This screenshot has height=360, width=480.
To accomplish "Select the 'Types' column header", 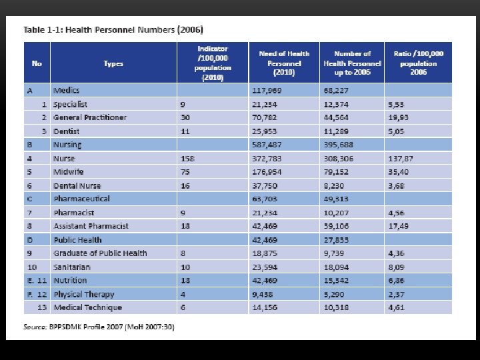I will pyautogui.click(x=113, y=64).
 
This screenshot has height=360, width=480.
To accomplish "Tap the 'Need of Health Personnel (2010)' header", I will pyautogui.click(x=284, y=63).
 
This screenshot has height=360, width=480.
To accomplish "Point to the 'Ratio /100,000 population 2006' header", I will pyautogui.click(x=418, y=63).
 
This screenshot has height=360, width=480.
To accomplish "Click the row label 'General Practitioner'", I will pyautogui.click(x=90, y=117).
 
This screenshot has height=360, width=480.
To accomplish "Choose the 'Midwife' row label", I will pyautogui.click(x=68, y=172).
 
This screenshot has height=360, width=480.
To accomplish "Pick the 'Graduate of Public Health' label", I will pyautogui.click(x=100, y=253).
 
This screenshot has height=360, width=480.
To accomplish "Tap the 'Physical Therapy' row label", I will pyautogui.click(x=84, y=294).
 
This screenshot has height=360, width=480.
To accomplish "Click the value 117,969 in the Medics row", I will pyautogui.click(x=266, y=91).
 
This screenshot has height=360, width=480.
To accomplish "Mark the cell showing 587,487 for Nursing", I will pyautogui.click(x=266, y=145).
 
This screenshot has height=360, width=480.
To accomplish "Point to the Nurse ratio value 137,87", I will pyautogui.click(x=401, y=158).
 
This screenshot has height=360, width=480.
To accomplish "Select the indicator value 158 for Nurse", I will pyautogui.click(x=187, y=158).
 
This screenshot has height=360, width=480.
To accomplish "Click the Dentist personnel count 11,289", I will pyautogui.click(x=337, y=131).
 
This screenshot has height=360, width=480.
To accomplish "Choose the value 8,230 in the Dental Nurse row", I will pyautogui.click(x=335, y=185).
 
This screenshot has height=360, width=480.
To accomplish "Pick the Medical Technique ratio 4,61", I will pyautogui.click(x=397, y=307).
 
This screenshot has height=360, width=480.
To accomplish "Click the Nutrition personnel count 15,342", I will pyautogui.click(x=337, y=281).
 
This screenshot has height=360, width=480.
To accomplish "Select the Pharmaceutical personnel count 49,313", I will pyautogui.click(x=337, y=199).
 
